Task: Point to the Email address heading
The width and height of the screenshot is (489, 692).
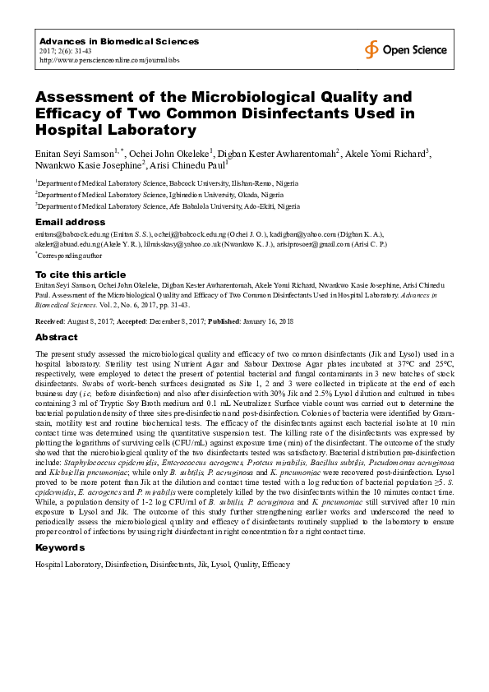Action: click(71, 222)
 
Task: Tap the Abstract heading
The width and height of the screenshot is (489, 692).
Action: click(57, 338)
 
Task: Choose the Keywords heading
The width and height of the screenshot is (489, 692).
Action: click(61, 548)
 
